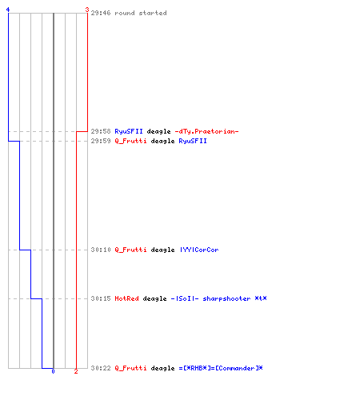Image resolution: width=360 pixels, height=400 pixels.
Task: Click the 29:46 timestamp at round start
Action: (x=101, y=13)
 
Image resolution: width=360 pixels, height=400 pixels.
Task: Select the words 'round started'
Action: (x=141, y=13)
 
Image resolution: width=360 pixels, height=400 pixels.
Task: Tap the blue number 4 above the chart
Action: (x=8, y=10)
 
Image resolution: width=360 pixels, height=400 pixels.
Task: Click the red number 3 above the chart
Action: (x=87, y=10)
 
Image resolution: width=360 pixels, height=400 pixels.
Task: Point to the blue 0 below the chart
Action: (x=53, y=371)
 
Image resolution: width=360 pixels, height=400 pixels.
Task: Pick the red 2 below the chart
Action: (x=76, y=371)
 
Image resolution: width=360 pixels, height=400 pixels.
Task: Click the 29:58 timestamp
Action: (x=101, y=131)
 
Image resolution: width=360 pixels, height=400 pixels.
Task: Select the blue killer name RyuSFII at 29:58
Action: (x=129, y=131)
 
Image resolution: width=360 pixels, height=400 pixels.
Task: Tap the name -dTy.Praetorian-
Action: (x=206, y=131)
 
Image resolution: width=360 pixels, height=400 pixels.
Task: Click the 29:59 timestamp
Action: (x=101, y=141)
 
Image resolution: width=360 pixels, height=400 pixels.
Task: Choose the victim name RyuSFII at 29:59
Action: (x=193, y=141)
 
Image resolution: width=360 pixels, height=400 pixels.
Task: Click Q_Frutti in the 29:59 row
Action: (x=130, y=141)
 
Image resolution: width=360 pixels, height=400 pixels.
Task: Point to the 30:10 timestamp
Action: (x=101, y=250)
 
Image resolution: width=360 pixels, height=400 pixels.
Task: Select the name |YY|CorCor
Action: (x=199, y=250)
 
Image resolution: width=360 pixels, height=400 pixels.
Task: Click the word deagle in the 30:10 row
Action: (x=162, y=250)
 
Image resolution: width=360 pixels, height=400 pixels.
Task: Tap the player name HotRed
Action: (x=126, y=298)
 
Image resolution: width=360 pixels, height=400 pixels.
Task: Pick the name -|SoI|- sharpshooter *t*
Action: (x=218, y=298)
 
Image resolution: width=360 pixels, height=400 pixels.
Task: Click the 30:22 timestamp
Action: (x=101, y=368)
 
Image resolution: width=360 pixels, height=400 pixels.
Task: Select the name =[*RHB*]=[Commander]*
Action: (x=221, y=368)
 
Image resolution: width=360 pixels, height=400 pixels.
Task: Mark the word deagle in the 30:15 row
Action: (x=154, y=298)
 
